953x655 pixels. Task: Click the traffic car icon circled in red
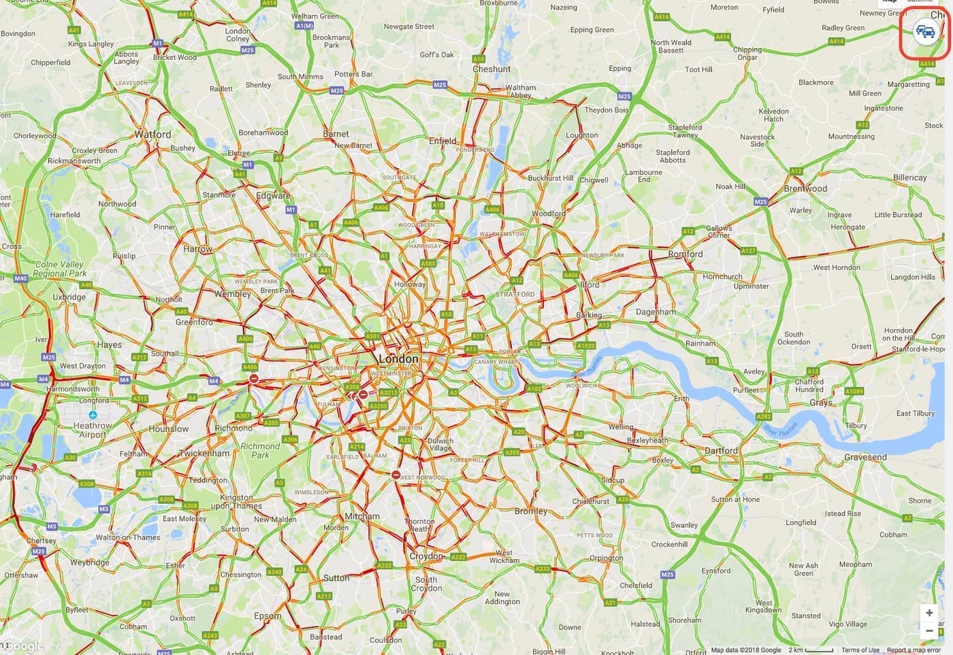coord(925,32)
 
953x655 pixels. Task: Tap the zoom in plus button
coord(929,613)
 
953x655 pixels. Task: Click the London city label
coord(398,358)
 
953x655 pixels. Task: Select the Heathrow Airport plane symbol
coord(93,414)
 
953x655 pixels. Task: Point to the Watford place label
coord(152,135)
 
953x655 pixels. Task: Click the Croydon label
coord(426,556)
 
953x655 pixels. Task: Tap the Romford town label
coord(685,254)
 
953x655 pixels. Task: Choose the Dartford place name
coord(721,451)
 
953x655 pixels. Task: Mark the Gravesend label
coord(865,457)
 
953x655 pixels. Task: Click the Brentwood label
coord(805,189)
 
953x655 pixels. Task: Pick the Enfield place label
coord(442,141)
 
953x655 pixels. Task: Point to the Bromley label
coord(531,511)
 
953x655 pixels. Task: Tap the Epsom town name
coord(268,616)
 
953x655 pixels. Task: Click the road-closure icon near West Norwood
coord(396,475)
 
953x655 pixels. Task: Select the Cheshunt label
coord(491,69)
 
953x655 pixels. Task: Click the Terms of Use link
coord(860,650)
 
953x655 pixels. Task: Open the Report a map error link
coord(914,650)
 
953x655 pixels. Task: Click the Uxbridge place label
coord(69,297)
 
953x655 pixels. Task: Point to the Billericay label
coord(909,178)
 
